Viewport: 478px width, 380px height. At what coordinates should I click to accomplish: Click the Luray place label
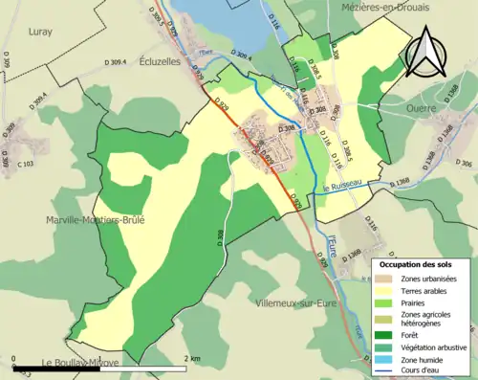[40, 31]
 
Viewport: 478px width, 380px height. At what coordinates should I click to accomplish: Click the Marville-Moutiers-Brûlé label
[96, 219]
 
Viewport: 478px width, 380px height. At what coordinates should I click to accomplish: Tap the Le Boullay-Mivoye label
[80, 363]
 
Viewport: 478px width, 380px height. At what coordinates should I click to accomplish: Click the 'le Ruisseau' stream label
[341, 186]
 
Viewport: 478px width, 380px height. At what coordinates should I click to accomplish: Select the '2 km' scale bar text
[195, 358]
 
